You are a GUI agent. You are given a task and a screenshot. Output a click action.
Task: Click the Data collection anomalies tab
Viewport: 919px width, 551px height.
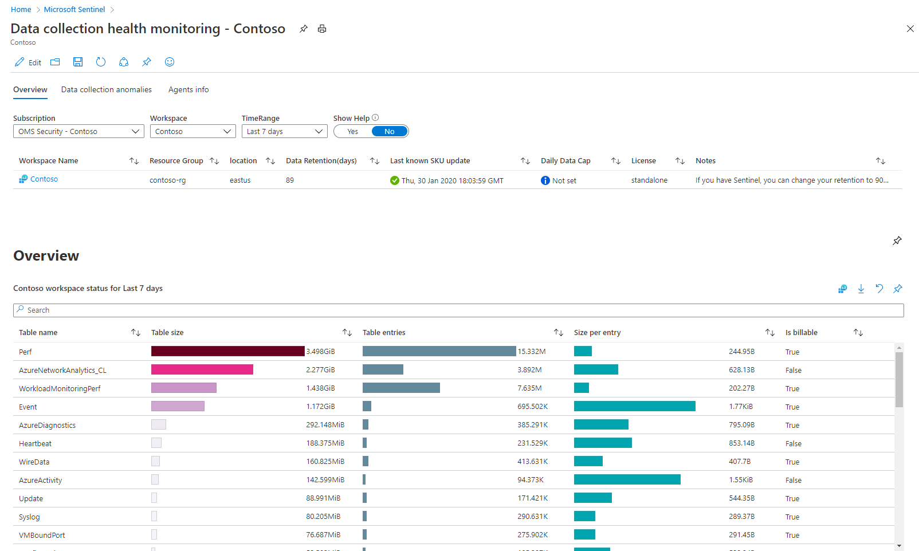click(107, 90)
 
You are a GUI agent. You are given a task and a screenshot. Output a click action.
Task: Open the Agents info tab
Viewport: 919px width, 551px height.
click(188, 90)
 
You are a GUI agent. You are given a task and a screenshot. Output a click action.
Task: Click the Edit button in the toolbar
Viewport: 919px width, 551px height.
click(28, 62)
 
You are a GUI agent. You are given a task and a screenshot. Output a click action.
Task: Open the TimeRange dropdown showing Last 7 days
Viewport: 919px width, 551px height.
click(284, 132)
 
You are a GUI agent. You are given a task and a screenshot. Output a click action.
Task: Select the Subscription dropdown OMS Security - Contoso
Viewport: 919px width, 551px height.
click(78, 132)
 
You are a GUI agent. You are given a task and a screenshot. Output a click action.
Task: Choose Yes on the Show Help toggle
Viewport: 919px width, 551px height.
click(353, 132)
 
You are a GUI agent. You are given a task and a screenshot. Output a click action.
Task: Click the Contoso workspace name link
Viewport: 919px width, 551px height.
click(44, 179)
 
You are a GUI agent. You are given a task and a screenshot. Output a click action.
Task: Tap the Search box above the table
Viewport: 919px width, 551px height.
click(458, 310)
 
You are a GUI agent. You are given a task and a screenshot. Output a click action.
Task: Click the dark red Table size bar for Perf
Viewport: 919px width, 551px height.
click(227, 352)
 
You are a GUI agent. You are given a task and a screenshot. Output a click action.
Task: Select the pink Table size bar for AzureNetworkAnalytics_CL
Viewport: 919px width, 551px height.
click(202, 370)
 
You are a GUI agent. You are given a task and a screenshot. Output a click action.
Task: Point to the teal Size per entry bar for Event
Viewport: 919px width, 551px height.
click(634, 407)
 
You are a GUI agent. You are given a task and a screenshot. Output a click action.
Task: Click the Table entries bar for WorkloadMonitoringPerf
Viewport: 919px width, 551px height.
click(401, 388)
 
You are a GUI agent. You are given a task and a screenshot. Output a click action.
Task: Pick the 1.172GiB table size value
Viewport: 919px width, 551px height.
click(320, 407)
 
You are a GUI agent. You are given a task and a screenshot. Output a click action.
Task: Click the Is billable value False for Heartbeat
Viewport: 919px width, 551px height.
click(794, 444)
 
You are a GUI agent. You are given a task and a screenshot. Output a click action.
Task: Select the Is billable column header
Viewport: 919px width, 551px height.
click(802, 333)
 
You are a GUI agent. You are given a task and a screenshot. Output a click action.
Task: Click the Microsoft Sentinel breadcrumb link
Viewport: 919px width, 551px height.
click(74, 10)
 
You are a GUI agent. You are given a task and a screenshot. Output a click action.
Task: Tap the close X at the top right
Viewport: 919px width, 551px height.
click(910, 29)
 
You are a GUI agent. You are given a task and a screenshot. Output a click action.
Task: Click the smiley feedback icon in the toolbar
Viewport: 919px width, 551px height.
click(170, 62)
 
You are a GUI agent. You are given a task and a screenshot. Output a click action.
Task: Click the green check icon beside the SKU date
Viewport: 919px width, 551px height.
click(395, 180)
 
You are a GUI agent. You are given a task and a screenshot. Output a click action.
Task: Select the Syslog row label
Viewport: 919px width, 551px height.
click(29, 517)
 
